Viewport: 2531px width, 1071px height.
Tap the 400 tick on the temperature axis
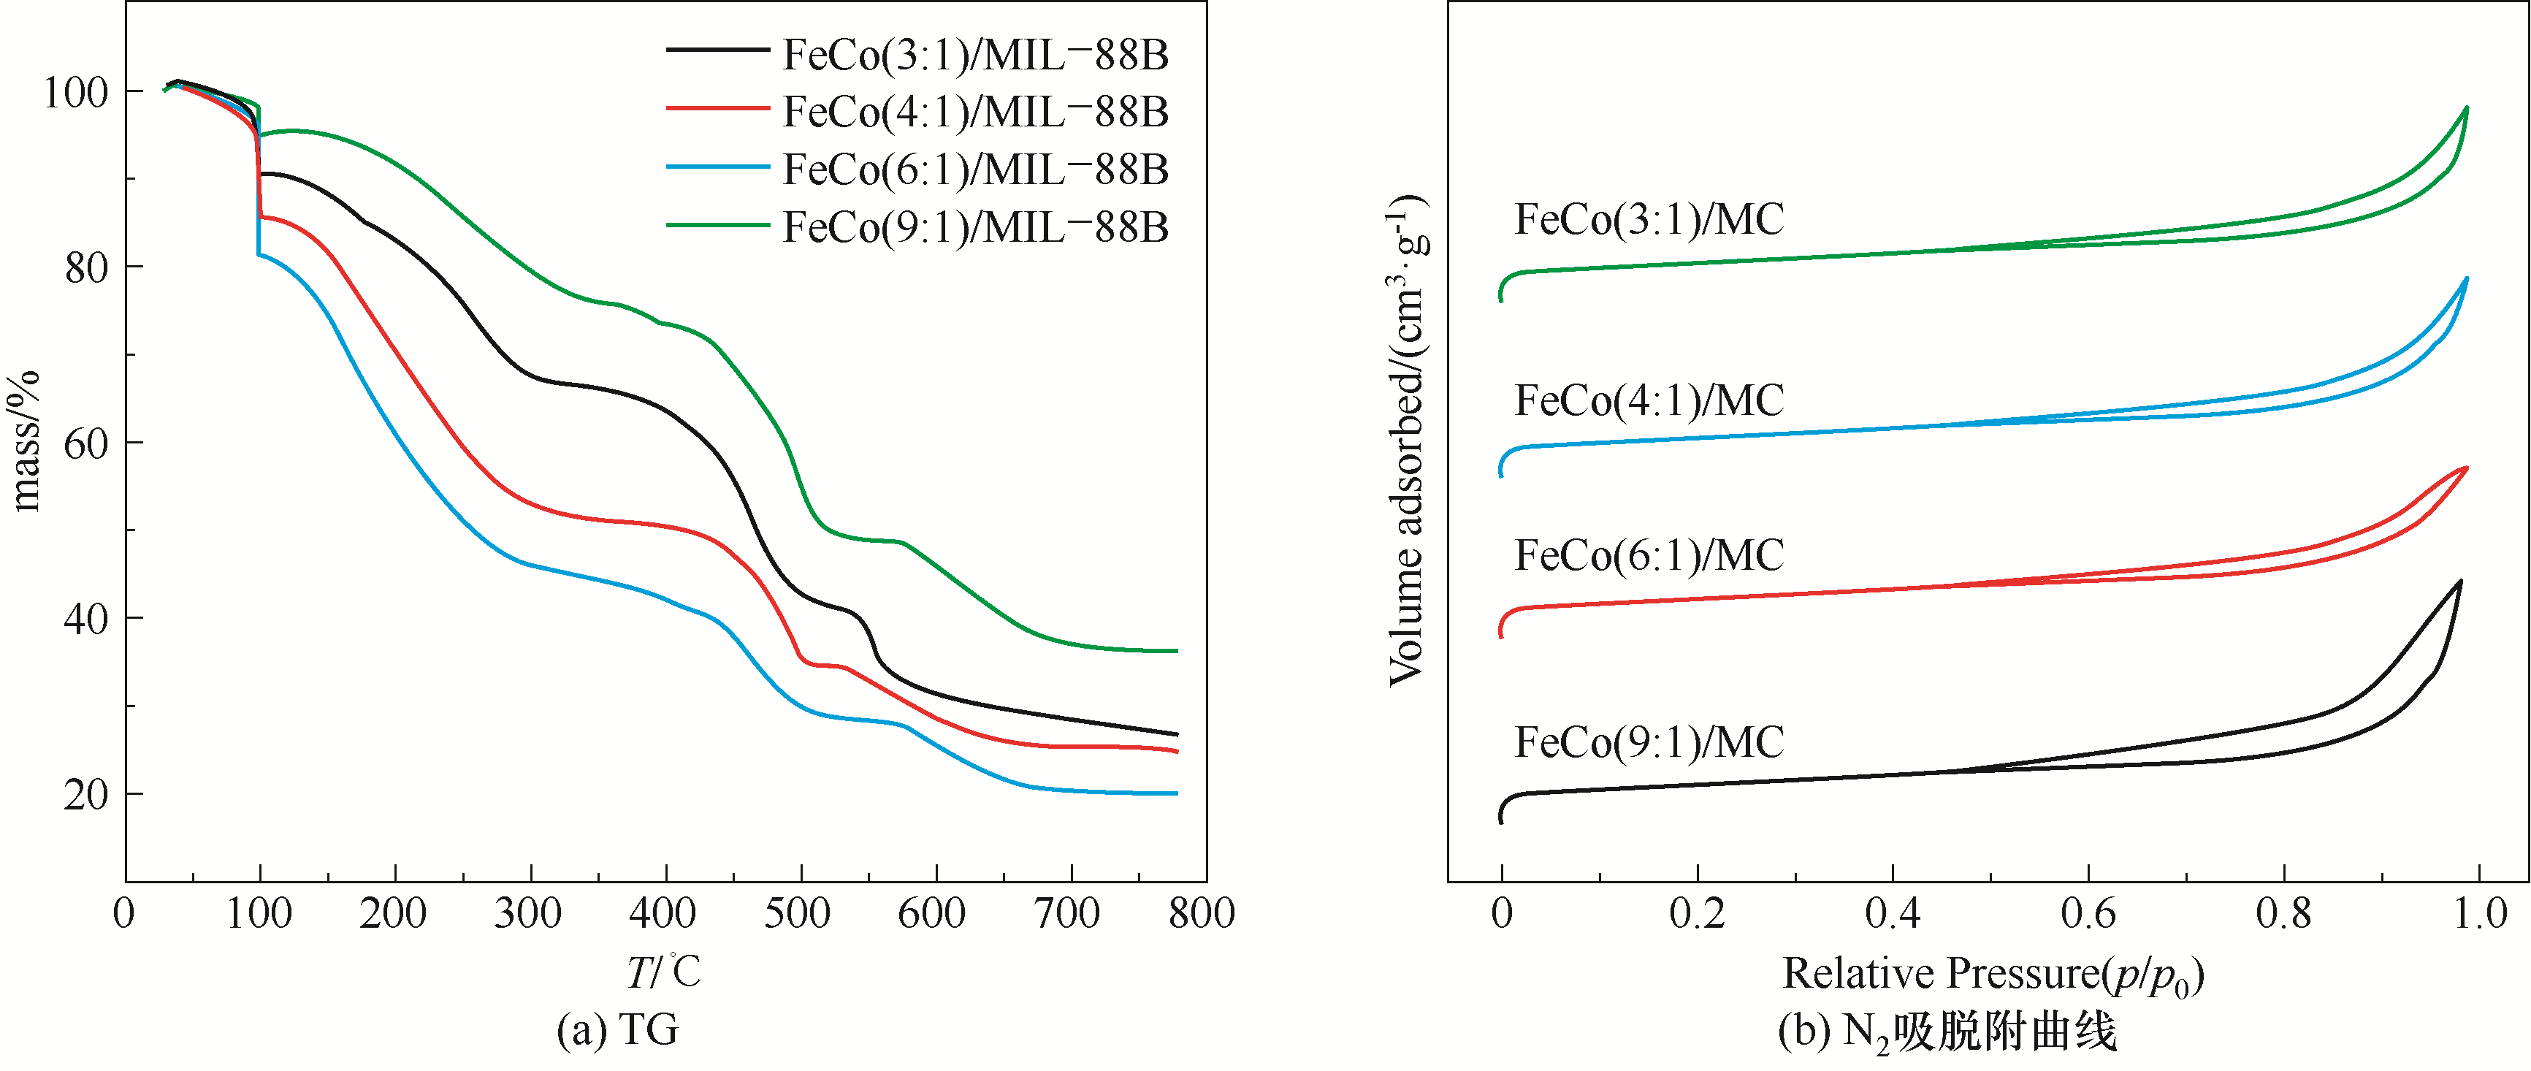tap(663, 915)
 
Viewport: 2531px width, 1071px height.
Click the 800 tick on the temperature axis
tap(1202, 915)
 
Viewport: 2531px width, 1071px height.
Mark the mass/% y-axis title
tap(26, 441)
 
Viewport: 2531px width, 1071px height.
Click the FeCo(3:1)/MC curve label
tap(1649, 219)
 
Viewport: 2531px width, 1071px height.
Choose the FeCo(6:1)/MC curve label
tap(1649, 556)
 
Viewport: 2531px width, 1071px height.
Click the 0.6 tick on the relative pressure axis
tap(2088, 915)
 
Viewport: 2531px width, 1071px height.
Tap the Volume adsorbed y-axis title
tap(1407, 441)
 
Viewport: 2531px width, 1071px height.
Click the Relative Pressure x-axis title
tap(1993, 975)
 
